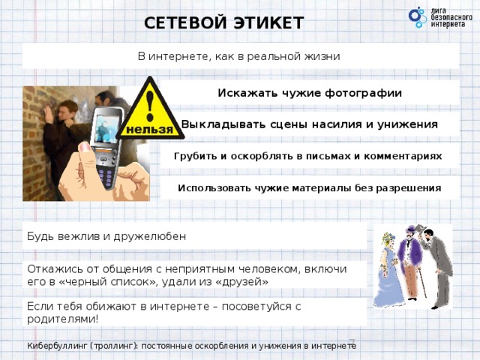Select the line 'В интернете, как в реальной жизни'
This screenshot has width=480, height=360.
[x=239, y=56]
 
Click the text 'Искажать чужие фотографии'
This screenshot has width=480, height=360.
[x=310, y=93]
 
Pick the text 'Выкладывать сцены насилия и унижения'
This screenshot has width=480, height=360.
[x=310, y=124]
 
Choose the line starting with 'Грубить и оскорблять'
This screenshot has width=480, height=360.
[x=307, y=155]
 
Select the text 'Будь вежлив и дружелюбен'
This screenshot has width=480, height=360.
[x=106, y=236]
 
